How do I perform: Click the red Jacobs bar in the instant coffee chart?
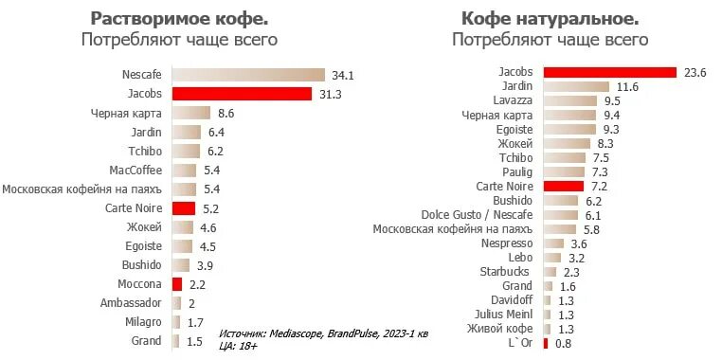[242, 94]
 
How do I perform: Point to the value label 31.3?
[331, 94]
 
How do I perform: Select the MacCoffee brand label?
[135, 171]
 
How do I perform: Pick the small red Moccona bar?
[176, 284]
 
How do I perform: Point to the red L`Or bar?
[545, 343]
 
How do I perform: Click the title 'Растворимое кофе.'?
[179, 19]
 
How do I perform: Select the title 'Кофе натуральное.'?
[550, 19]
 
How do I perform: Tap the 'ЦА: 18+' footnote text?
[238, 347]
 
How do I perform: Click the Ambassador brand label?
[131, 303]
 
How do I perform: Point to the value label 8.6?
[226, 113]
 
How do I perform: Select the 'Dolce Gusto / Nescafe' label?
[478, 215]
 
